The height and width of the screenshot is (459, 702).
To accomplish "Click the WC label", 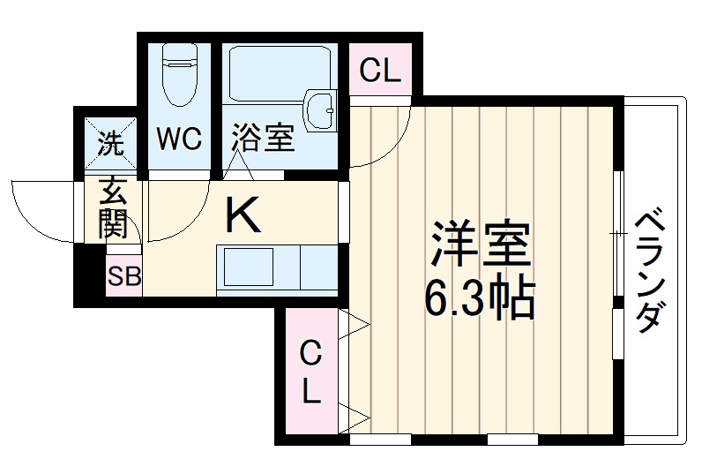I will [x=180, y=139].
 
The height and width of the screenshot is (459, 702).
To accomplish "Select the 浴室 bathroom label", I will [x=262, y=139].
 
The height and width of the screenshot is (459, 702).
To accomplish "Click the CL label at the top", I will [x=380, y=71].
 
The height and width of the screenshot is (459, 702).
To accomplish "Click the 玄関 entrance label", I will [x=114, y=210].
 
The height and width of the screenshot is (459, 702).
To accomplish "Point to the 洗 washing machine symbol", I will [x=111, y=141].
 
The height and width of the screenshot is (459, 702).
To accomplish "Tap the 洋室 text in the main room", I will [x=481, y=245].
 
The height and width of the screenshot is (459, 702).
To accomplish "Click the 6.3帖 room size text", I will [x=481, y=301].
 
